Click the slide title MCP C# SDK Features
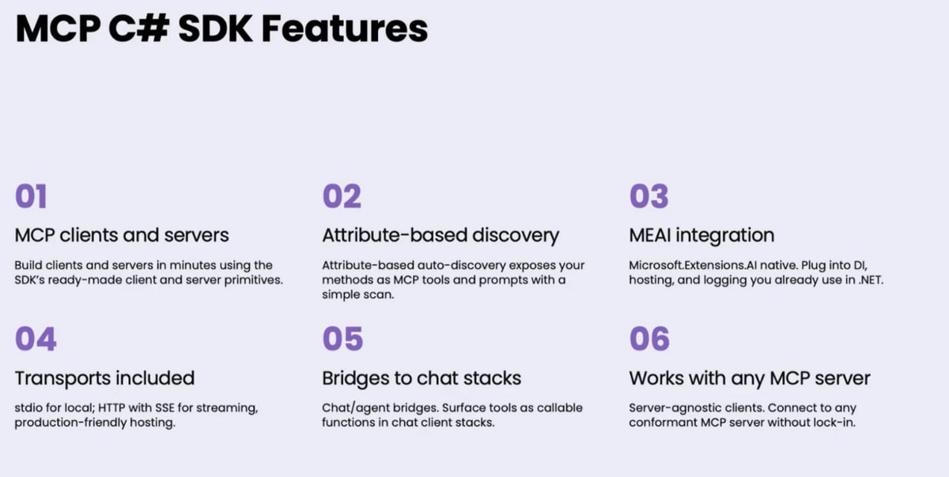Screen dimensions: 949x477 click(221, 28)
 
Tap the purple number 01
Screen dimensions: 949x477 click(31, 196)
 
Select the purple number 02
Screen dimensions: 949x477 click(342, 196)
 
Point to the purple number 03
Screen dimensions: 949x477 click(649, 196)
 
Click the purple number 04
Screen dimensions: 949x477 click(36, 339)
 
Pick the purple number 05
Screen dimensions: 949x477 click(342, 339)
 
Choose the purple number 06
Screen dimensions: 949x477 click(649, 339)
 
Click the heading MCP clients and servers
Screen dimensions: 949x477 click(122, 235)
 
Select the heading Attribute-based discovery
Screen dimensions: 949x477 click(440, 236)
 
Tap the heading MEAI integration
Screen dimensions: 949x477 click(701, 236)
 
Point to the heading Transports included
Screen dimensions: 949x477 click(104, 378)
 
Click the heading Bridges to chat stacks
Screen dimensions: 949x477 click(422, 378)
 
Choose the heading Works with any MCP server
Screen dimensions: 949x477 click(750, 378)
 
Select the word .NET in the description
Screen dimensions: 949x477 click(871, 280)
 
